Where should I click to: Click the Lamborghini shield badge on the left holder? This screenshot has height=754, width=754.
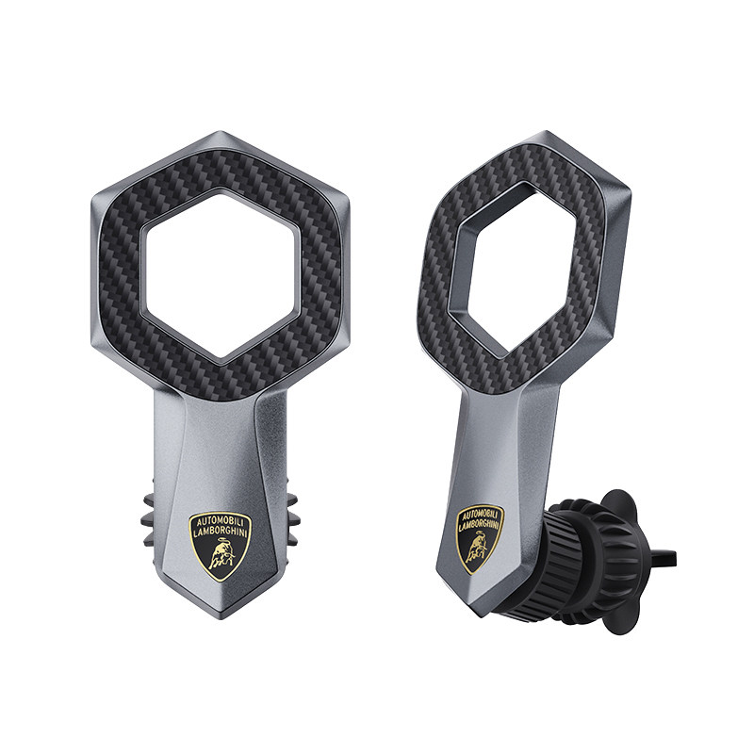[221, 545]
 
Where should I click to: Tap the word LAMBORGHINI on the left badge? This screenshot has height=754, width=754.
[221, 533]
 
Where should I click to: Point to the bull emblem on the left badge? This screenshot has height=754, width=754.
[221, 556]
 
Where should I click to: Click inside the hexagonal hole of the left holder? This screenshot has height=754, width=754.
[220, 272]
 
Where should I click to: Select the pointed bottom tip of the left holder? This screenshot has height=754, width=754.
[220, 618]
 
